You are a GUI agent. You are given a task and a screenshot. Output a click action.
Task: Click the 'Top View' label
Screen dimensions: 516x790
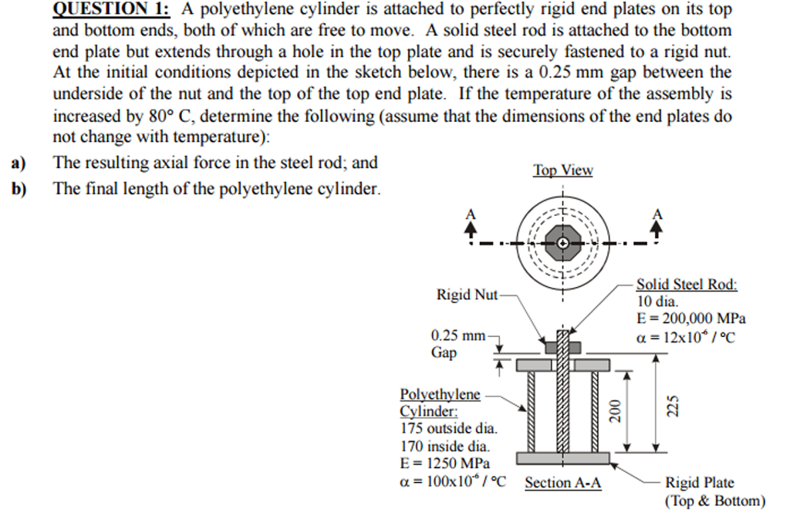[x=562, y=170]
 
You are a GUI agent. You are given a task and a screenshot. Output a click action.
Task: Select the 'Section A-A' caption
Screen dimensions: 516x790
[x=563, y=484]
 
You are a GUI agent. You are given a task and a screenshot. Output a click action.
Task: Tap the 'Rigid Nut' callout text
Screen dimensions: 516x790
[x=467, y=295]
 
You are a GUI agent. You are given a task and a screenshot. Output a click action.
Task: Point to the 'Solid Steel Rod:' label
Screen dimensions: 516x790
[x=687, y=285]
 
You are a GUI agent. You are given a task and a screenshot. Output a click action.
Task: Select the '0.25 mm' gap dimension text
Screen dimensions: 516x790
[x=458, y=336]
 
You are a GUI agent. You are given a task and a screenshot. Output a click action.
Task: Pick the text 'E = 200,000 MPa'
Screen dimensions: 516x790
[x=690, y=319]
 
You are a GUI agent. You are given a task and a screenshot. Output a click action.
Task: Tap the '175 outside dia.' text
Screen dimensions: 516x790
[x=449, y=428]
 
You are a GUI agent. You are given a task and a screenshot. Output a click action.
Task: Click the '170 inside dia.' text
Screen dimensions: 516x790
[x=445, y=446]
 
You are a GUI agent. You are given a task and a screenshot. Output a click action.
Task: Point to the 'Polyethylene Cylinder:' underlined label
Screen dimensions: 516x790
[x=439, y=403]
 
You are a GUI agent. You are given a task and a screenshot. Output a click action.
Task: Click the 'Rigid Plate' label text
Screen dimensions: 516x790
[x=700, y=483]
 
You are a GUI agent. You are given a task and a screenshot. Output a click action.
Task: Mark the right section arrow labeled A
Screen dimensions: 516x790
[x=657, y=223]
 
